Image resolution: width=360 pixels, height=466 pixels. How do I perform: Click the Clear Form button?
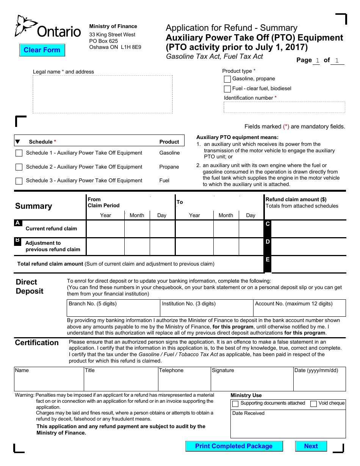(x=42, y=50)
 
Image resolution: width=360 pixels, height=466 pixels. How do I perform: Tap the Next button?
(x=311, y=446)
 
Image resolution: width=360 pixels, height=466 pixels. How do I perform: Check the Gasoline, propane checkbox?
(x=227, y=79)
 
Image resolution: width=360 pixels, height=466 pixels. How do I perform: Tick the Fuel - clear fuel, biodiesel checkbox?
(x=227, y=89)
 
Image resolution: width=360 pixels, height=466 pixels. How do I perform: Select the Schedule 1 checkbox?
(x=19, y=153)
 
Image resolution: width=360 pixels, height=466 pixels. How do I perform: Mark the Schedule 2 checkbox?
(x=19, y=167)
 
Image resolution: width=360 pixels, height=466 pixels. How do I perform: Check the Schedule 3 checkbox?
(x=19, y=181)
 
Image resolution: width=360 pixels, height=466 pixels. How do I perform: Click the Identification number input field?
(x=284, y=107)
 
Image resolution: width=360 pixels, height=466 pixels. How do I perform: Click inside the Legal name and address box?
(x=102, y=94)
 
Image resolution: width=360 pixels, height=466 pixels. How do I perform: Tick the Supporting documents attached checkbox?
(x=235, y=404)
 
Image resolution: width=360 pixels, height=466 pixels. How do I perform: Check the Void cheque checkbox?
(x=313, y=404)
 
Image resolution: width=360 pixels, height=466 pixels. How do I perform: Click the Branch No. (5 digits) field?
(x=113, y=311)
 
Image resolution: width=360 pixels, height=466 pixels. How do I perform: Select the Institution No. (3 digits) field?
(x=207, y=311)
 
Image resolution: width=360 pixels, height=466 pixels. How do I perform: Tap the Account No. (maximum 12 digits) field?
(x=299, y=311)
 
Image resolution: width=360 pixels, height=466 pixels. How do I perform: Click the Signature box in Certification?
(x=252, y=381)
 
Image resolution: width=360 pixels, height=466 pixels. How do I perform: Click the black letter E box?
(x=268, y=264)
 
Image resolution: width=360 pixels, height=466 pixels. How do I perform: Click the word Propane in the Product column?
(x=169, y=167)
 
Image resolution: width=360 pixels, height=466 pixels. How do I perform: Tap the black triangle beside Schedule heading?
(x=17, y=142)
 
